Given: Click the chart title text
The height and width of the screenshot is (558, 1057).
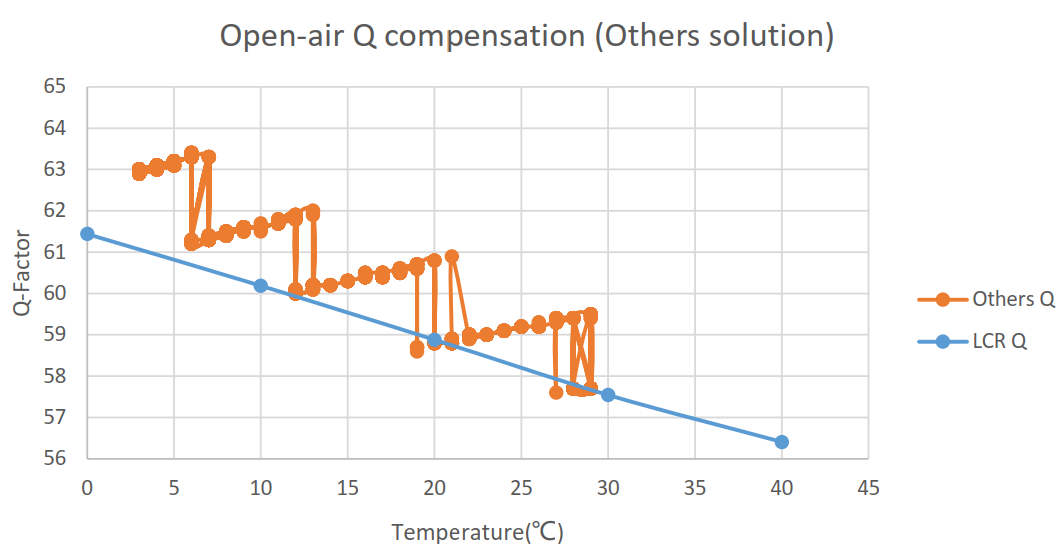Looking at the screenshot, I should [x=526, y=36].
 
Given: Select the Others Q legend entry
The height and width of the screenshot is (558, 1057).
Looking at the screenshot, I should [x=985, y=299].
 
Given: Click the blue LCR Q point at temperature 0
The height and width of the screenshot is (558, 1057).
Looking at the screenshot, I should [x=87, y=234].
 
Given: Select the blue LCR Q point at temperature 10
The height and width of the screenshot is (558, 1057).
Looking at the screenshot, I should [x=261, y=285].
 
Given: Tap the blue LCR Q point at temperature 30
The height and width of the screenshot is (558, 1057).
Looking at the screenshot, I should [x=608, y=395].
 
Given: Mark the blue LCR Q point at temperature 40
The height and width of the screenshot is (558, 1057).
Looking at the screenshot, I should [x=782, y=442].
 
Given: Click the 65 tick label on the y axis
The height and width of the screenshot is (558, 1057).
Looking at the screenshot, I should [x=55, y=87].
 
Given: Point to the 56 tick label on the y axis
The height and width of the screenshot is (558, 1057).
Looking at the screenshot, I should [x=55, y=459].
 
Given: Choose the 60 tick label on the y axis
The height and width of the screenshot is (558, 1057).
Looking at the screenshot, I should [x=55, y=294].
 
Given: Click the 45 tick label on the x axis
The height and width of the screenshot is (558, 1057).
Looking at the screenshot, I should [x=868, y=488].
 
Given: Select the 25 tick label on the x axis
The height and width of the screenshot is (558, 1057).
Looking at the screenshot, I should [x=521, y=488].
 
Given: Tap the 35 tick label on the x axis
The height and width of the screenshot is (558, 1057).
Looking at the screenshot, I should [x=695, y=488].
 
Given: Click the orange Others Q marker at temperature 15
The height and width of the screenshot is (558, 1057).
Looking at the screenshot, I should [x=348, y=281].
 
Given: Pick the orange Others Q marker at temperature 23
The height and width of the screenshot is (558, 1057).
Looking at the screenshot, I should [x=487, y=334].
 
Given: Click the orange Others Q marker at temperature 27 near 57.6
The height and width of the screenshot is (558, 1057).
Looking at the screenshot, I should [x=556, y=392].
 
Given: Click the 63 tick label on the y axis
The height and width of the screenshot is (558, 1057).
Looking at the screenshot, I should [x=55, y=170].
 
